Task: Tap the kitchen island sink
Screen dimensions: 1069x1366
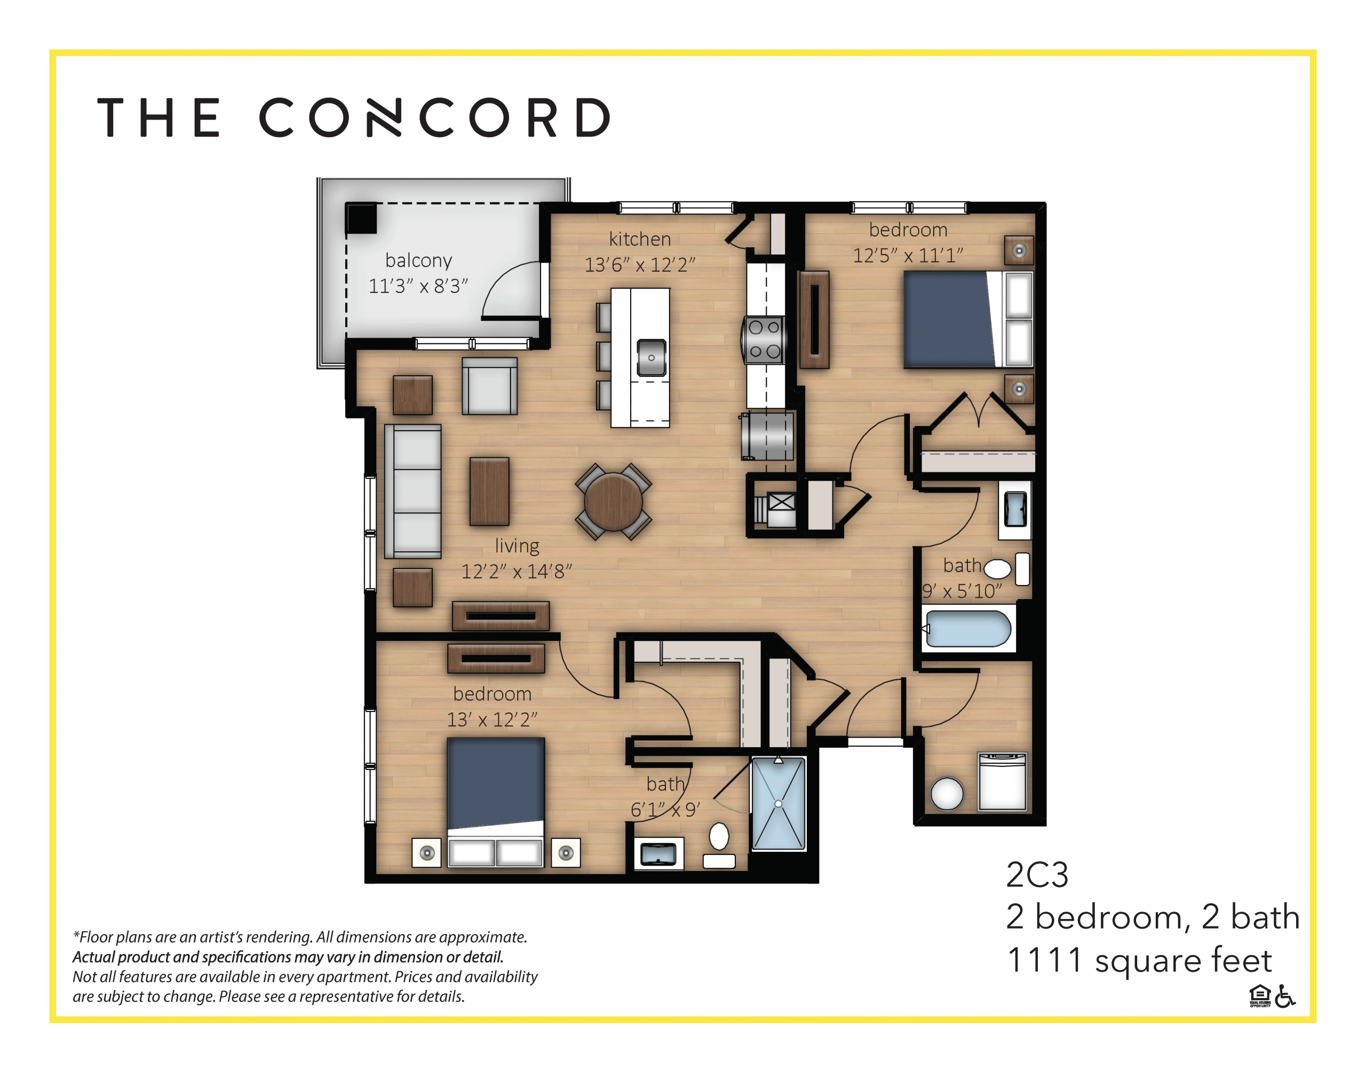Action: click(x=651, y=358)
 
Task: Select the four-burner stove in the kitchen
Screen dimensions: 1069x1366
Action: click(x=764, y=340)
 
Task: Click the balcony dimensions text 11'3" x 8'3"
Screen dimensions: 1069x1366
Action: click(x=418, y=287)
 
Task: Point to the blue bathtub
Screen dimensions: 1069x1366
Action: click(x=967, y=628)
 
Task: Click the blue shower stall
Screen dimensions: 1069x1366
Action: click(x=778, y=803)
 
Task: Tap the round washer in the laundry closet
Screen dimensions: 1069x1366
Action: click(x=947, y=793)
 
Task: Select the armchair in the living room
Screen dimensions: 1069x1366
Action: click(x=489, y=387)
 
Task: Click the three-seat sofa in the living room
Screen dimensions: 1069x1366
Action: click(x=413, y=492)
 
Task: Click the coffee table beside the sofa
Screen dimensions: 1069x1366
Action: click(x=489, y=492)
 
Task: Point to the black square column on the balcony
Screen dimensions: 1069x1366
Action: click(x=362, y=218)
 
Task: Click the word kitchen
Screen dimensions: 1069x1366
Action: click(x=639, y=239)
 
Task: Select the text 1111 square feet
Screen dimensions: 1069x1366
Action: click(x=1139, y=960)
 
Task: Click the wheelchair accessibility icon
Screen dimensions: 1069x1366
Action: click(x=1285, y=996)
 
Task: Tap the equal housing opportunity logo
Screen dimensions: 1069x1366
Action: click(x=1260, y=996)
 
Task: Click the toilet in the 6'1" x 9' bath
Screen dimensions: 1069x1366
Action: click(x=719, y=837)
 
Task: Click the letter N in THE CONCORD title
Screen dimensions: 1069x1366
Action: click(x=383, y=117)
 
